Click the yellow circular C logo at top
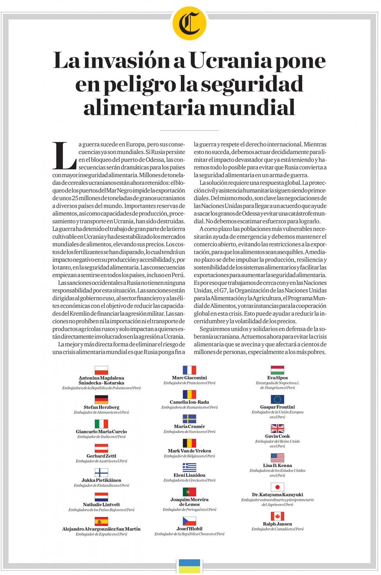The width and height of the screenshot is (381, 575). click(190, 24)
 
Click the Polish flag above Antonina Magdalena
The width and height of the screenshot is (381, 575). click(101, 370)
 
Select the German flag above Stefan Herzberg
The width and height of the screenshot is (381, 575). click(101, 399)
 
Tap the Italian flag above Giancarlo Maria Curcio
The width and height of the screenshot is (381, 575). click(101, 424)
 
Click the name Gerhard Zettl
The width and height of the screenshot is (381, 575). click(101, 456)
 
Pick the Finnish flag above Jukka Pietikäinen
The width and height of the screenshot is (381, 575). click(101, 473)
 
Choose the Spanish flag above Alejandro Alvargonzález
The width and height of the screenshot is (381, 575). click(101, 521)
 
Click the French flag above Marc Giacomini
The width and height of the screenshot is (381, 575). click(189, 370)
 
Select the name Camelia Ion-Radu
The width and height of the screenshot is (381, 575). click(189, 402)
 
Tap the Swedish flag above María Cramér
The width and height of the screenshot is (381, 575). click(189, 419)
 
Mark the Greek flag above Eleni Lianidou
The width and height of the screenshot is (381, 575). click(189, 468)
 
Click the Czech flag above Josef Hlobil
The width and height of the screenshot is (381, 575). click(189, 521)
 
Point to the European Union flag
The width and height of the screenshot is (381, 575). click(277, 399)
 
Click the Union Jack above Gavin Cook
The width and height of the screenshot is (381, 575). click(277, 428)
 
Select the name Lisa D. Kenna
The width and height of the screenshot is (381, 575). click(277, 466)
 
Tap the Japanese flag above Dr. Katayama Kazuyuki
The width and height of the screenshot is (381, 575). click(277, 487)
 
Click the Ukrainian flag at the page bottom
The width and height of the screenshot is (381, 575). click(190, 566)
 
